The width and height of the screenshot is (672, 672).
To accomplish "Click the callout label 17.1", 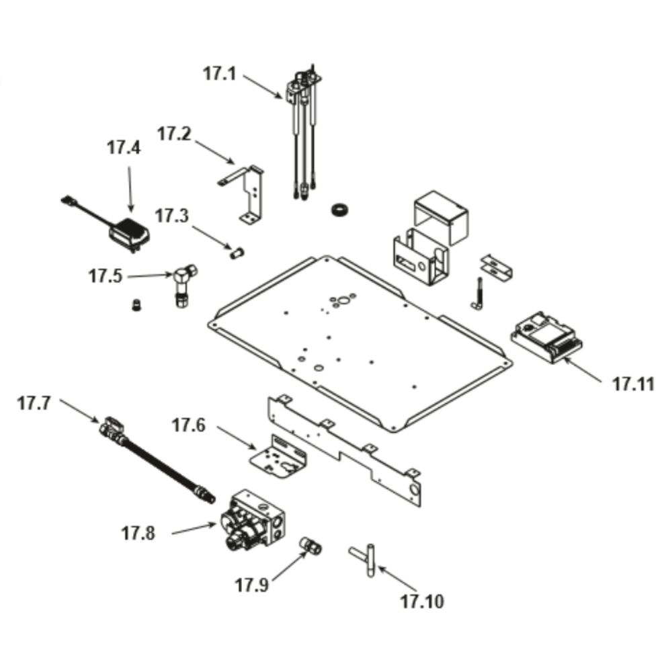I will tap(219, 73).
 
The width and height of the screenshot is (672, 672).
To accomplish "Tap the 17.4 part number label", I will tap(124, 148).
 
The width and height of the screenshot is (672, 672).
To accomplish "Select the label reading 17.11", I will tap(633, 385).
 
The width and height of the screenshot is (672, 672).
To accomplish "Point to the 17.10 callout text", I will tap(422, 601).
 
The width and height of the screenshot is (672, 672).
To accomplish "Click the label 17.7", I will tap(34, 404).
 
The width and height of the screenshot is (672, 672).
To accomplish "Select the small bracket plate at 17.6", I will tap(277, 457).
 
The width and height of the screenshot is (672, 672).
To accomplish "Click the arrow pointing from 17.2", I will tap(213, 151).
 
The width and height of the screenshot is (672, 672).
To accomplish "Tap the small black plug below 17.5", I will tap(137, 306).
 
